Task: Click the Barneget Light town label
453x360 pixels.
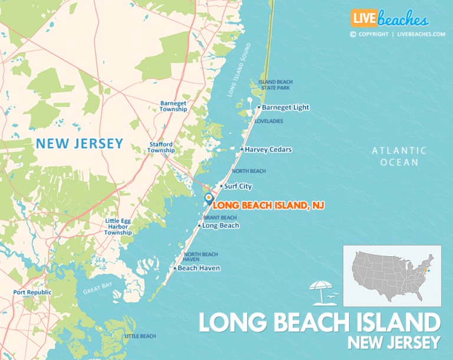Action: [285, 107]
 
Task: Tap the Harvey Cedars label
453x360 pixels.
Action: [268, 149]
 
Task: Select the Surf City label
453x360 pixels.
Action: [238, 186]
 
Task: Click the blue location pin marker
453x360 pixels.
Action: [208, 198]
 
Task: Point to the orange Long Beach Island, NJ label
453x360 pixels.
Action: [268, 205]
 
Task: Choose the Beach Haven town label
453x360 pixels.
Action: [198, 268]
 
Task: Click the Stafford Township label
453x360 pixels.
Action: [160, 148]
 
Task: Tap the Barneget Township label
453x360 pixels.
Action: [173, 106]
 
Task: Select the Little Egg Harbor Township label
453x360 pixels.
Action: [118, 227]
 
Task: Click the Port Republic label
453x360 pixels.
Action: [32, 292]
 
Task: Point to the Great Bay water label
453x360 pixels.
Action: [95, 290]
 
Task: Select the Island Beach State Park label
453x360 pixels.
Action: [276, 85]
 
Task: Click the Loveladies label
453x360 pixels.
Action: [269, 121]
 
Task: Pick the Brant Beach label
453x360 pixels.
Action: [219, 218]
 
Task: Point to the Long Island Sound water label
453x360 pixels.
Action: [239, 70]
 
